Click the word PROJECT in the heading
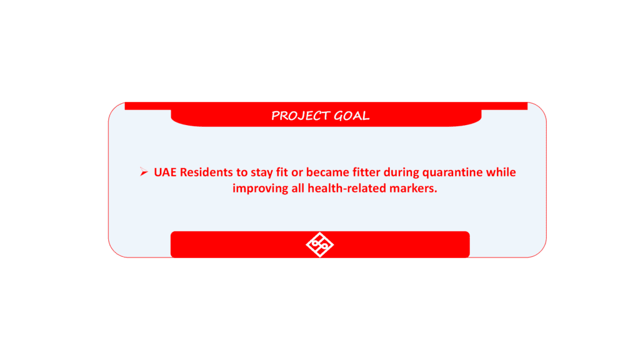pyautogui.click(x=301, y=116)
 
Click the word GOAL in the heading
pyautogui.click(x=352, y=116)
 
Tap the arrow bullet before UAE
pyautogui.click(x=144, y=172)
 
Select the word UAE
pyautogui.click(x=165, y=172)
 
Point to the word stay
pyautogui.click(x=261, y=172)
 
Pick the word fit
pyautogui.click(x=282, y=172)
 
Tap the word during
pyautogui.click(x=401, y=172)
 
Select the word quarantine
pyautogui.click(x=452, y=172)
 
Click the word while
pyautogui.click(x=501, y=172)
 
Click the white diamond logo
pyautogui.click(x=319, y=244)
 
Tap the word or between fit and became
pyautogui.click(x=297, y=174)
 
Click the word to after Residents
pyautogui.click(x=242, y=172)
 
